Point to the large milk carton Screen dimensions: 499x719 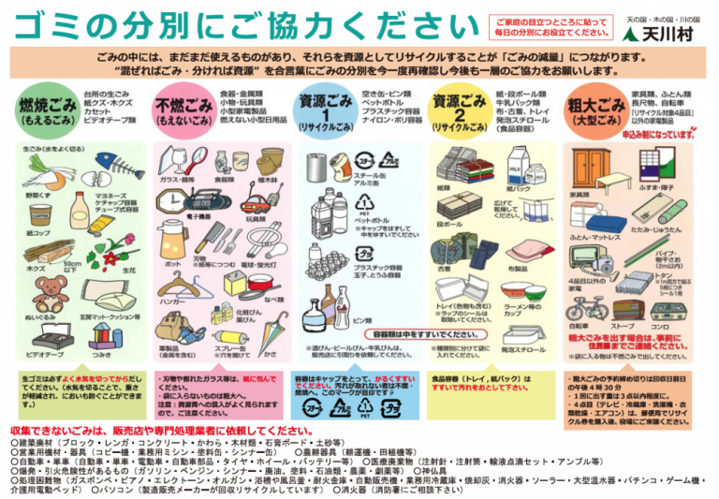[516, 168]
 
